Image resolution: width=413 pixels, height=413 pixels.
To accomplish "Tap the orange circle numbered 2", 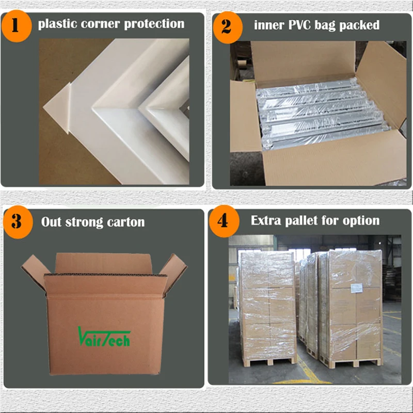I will click(x=226, y=25).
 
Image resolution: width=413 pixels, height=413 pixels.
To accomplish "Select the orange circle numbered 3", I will click(x=17, y=222).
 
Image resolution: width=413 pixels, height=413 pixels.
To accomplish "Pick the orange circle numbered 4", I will click(x=223, y=221).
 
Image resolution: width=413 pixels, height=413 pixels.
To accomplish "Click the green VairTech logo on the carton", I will click(x=104, y=336).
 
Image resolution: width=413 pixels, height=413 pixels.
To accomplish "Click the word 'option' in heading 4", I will click(x=361, y=220).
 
